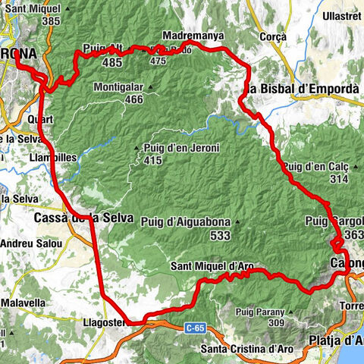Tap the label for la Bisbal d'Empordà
[x=303, y=89]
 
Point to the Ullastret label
[x=341, y=15]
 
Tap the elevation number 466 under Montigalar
[x=133, y=99]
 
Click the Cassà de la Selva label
[x=83, y=218]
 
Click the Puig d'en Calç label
[x=315, y=166]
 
